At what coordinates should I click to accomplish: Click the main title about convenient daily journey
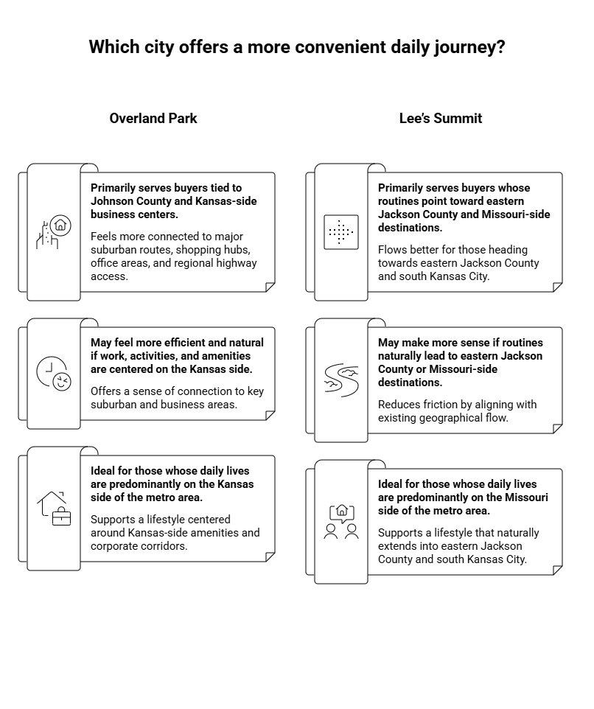(x=296, y=47)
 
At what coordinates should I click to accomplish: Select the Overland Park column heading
(x=153, y=119)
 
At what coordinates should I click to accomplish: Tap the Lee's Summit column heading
(x=441, y=119)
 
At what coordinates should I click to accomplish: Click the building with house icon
(x=54, y=233)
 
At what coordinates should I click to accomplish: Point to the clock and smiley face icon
(x=54, y=374)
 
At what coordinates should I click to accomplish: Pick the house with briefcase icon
(x=54, y=508)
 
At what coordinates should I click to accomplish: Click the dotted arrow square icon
(x=341, y=233)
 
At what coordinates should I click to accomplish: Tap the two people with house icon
(x=341, y=521)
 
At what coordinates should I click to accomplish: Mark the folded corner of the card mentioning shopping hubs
(x=270, y=287)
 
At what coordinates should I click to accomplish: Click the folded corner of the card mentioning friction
(x=557, y=429)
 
